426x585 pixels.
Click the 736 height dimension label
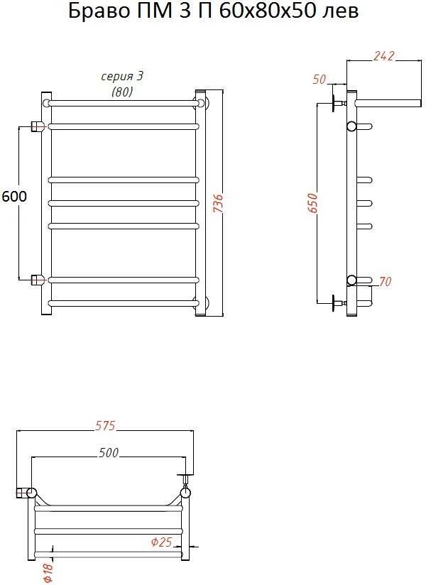tap(219, 203)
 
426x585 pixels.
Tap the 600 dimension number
tap(14, 196)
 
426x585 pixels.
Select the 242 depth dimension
tap(383, 55)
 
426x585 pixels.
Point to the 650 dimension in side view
tap(312, 203)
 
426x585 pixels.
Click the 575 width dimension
tap(105, 425)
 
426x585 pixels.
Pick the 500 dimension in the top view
tap(109, 452)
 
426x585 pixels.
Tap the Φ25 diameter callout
tap(161, 542)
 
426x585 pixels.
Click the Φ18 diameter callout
tap(48, 573)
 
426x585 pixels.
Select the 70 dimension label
tap(384, 281)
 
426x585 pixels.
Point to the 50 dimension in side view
tap(319, 80)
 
